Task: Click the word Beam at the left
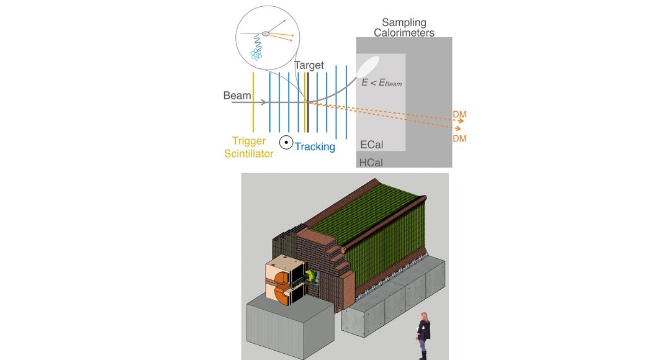point(237,96)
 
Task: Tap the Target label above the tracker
point(309,65)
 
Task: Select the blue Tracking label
point(315,146)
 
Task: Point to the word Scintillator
point(253,153)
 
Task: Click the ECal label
point(371,145)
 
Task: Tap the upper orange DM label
point(459,114)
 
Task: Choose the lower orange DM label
point(459,138)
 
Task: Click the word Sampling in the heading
point(404,23)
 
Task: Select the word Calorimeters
point(404,33)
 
